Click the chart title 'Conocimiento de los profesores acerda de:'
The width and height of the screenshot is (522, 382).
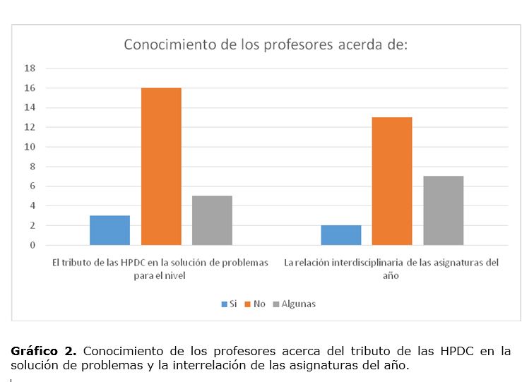(x=266, y=44)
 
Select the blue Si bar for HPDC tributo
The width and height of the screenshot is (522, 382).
(x=109, y=230)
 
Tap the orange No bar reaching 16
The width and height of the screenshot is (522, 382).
(x=161, y=167)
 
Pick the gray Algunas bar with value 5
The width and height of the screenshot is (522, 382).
(x=213, y=220)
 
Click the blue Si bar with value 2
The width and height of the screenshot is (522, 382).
(x=340, y=235)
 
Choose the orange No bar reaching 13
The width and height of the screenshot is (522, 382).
(x=392, y=181)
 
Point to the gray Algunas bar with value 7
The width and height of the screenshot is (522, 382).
(x=443, y=210)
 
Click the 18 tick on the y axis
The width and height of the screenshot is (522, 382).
(x=30, y=68)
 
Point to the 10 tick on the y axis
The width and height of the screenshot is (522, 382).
(x=30, y=147)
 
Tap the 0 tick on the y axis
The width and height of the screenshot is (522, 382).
(x=32, y=246)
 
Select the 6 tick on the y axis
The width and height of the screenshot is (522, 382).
(x=32, y=186)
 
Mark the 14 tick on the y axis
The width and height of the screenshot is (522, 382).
(x=30, y=108)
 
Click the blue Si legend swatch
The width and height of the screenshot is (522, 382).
(x=224, y=304)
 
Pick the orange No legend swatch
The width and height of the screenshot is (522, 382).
(x=247, y=304)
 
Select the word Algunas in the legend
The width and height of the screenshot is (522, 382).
(x=298, y=304)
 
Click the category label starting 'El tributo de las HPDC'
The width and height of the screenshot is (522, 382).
(x=160, y=268)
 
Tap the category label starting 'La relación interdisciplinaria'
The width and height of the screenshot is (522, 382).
(x=391, y=268)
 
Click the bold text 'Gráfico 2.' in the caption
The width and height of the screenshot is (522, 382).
(x=43, y=351)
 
